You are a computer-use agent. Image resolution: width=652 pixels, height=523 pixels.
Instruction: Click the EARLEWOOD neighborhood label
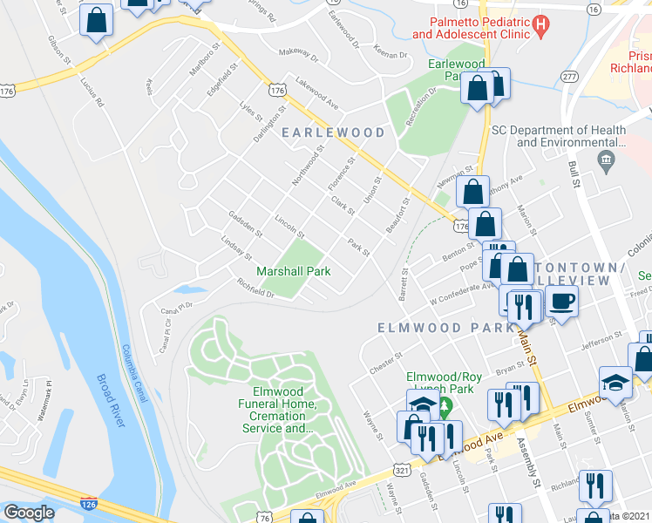coord(333,132)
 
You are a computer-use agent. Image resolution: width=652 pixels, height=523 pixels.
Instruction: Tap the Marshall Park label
coord(293,271)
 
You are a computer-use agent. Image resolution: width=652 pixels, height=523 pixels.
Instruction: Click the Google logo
coord(29,513)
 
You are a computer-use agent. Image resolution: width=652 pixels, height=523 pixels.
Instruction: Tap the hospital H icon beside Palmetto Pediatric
coord(540,27)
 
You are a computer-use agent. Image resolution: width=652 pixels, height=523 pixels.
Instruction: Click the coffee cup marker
coord(562,302)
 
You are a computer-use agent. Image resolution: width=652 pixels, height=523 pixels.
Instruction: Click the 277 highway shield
coord(569,77)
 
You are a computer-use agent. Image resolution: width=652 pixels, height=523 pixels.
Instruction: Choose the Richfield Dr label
coord(255,289)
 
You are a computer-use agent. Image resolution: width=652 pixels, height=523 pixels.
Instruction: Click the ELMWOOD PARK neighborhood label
coord(445,328)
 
